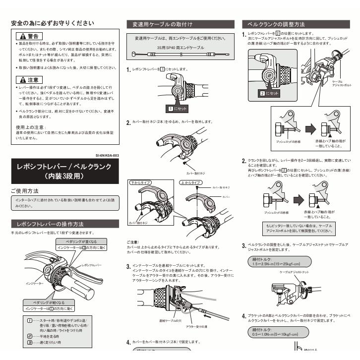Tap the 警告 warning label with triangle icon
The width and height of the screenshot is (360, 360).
[x=29, y=36]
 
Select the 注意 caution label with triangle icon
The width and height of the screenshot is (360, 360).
[x=29, y=79]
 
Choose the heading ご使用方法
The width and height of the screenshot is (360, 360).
[x=25, y=190]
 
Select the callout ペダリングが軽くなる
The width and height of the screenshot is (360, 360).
[x=47, y=302]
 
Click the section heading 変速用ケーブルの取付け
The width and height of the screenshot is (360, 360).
[x=160, y=24]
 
